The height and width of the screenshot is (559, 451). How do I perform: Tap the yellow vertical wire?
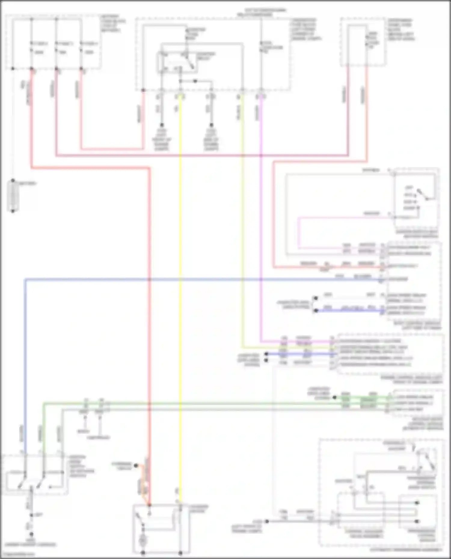[180, 270]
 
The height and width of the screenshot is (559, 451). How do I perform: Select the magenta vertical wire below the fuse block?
[260, 210]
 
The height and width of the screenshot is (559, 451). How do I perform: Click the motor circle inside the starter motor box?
[143, 540]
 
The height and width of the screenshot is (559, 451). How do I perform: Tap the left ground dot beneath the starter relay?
[162, 125]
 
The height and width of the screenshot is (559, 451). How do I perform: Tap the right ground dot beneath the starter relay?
[211, 125]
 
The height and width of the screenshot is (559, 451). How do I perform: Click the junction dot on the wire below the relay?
[195, 81]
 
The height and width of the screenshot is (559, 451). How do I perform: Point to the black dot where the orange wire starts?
[135, 466]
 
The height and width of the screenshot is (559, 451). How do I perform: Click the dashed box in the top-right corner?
[363, 42]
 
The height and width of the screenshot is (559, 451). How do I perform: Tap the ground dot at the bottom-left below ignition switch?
[31, 534]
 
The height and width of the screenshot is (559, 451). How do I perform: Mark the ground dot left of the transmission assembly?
[267, 521]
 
